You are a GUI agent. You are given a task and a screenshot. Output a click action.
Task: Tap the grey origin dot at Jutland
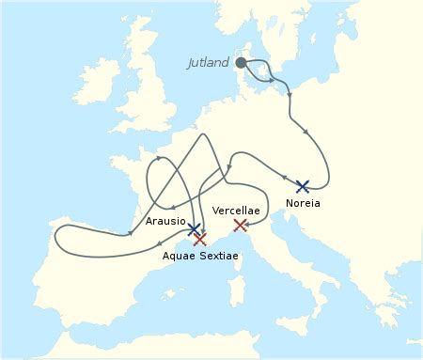point(241,63)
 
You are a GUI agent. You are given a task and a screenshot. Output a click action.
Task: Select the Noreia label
point(303,202)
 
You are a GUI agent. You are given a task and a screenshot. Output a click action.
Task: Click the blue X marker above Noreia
point(302,186)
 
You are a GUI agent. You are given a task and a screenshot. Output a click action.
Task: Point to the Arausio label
point(165,221)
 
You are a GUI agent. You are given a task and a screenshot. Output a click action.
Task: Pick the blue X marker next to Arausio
point(194,228)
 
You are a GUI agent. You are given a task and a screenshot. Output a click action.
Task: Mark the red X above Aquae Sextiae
point(199,240)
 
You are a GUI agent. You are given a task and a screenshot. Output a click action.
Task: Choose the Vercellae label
point(237,210)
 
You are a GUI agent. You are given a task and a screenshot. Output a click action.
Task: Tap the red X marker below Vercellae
point(240,225)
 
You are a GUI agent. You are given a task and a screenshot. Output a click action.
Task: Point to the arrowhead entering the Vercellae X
point(232,220)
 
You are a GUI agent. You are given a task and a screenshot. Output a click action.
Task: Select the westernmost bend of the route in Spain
point(56,238)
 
